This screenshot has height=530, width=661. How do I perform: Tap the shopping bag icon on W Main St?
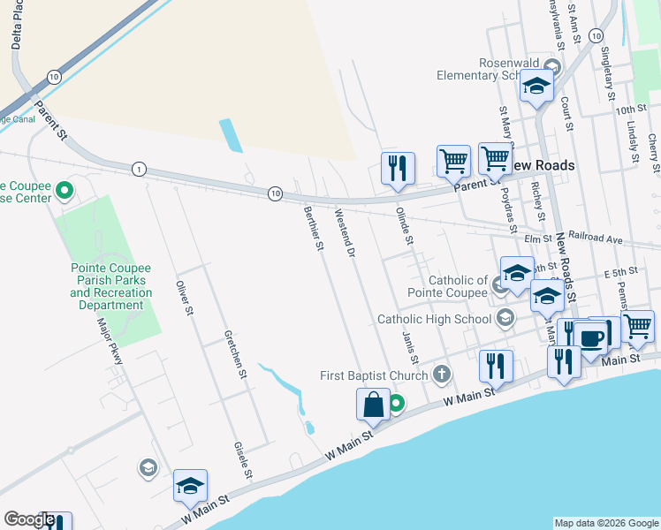[x=374, y=405]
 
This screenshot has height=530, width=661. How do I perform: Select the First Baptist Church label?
[x=374, y=376]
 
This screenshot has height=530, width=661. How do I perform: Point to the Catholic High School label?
[x=434, y=319]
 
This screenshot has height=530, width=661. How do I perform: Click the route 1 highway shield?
[x=139, y=169]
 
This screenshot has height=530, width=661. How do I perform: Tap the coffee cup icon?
[x=591, y=337]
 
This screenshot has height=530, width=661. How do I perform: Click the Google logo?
[x=29, y=519]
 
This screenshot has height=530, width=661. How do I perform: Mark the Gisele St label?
[x=243, y=461]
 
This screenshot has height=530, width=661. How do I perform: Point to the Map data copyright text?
[x=605, y=523]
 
